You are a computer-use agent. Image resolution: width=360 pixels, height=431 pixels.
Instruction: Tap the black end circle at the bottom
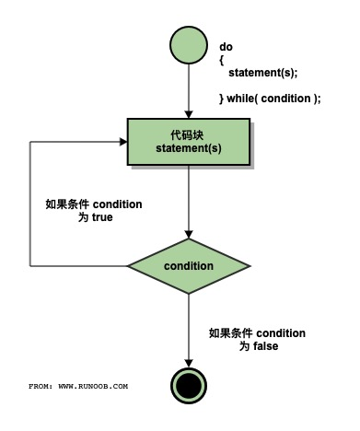[x=188, y=384]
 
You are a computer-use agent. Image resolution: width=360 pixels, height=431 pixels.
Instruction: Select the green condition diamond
[x=188, y=265]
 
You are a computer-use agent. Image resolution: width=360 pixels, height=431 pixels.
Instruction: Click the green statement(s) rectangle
[x=188, y=143]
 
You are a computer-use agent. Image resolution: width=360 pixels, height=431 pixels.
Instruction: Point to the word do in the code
[x=226, y=46]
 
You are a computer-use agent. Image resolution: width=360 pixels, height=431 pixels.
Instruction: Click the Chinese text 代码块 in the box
[x=188, y=134]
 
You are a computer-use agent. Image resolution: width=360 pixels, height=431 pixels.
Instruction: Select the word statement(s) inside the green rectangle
[x=188, y=150]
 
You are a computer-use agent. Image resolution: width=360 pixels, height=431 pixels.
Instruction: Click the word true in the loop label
[x=101, y=218]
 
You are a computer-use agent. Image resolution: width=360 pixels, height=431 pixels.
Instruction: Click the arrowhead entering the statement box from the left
[x=122, y=142]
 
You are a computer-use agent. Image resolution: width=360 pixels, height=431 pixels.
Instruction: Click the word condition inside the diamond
[x=188, y=265]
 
